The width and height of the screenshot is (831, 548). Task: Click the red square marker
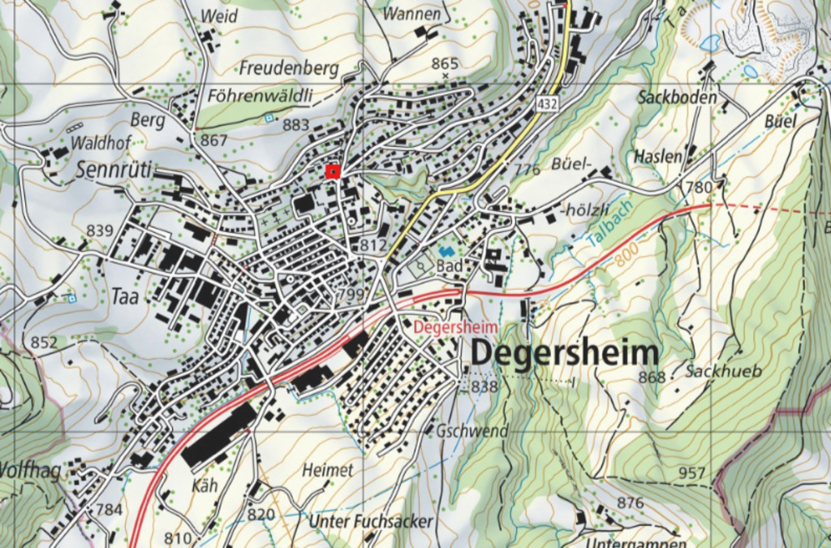[332, 171]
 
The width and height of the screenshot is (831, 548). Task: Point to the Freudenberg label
[289, 69]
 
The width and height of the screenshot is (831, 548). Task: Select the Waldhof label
[101, 143]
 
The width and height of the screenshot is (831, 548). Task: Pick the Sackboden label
[678, 97]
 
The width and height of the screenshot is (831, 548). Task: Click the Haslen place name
[658, 156]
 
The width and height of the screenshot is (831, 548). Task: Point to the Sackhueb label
[724, 372]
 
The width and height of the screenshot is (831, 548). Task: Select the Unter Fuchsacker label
[371, 520]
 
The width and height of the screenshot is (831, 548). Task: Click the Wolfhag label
[30, 471]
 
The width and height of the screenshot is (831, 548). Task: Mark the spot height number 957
[692, 472]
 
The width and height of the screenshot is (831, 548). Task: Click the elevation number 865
[445, 63]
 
